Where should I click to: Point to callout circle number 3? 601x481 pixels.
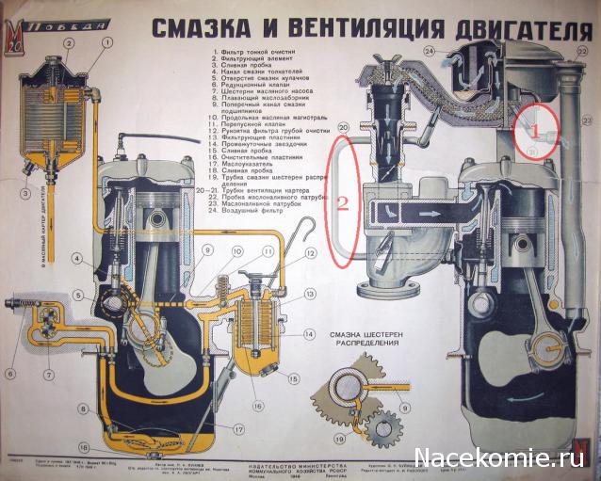click(16, 195)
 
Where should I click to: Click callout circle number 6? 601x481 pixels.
click(11, 373)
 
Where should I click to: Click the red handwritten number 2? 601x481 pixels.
click(344, 201)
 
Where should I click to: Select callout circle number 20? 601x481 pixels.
click(343, 126)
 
